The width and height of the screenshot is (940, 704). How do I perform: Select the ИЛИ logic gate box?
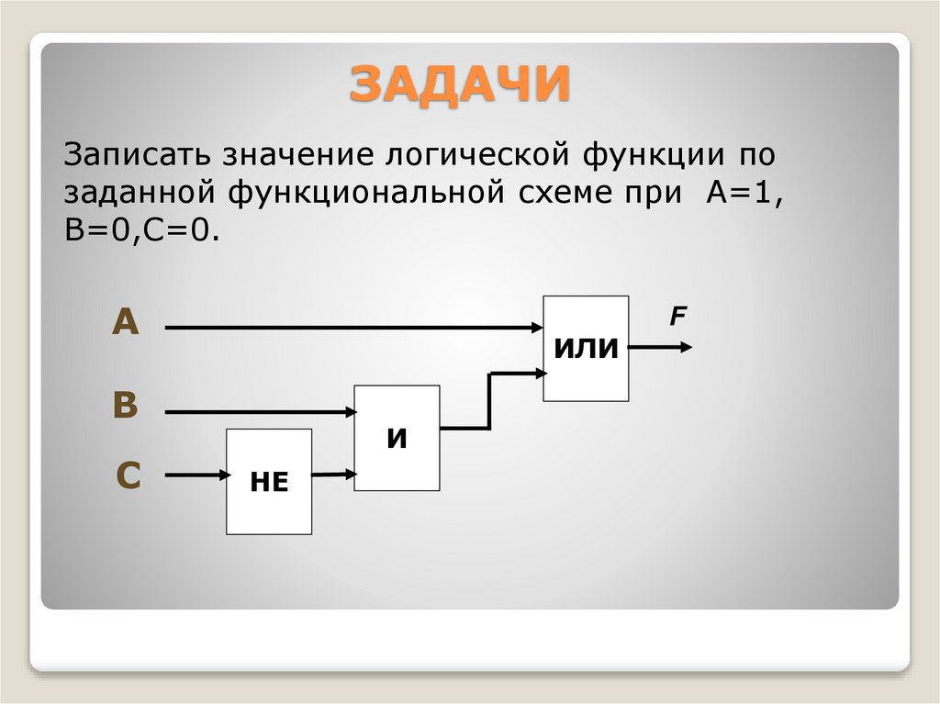[586, 348]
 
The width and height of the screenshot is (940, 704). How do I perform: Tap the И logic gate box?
[397, 438]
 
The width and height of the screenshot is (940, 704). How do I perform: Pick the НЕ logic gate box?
[269, 481]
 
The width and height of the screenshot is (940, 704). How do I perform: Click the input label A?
[126, 323]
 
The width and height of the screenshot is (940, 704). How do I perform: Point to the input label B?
[125, 406]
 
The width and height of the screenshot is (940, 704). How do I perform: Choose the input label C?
[128, 475]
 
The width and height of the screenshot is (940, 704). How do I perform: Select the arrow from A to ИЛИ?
[349, 326]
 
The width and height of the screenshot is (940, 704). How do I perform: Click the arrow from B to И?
[257, 413]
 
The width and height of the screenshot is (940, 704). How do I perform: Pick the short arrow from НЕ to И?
[333, 475]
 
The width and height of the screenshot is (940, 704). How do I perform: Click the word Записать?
[128, 152]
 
